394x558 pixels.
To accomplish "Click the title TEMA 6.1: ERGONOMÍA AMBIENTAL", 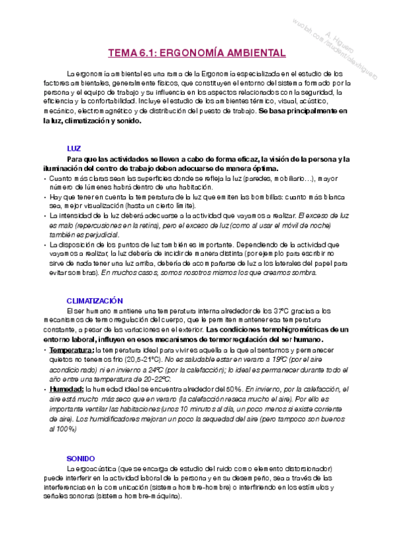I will (197, 53).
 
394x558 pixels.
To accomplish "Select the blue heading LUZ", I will (74, 149).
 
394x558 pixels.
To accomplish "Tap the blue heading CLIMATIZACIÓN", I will (95, 300).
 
